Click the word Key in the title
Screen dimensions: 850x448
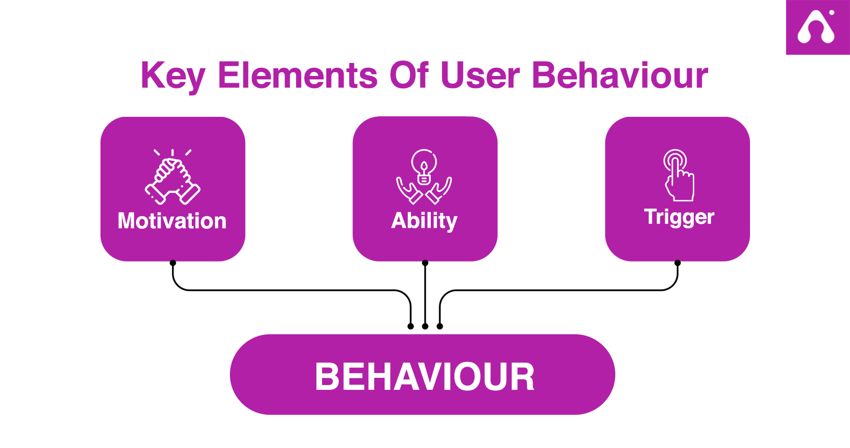pyautogui.click(x=173, y=76)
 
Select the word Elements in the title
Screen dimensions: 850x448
pyautogui.click(x=298, y=75)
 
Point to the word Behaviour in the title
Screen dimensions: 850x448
pyautogui.click(x=620, y=75)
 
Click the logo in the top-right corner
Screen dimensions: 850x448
pyautogui.click(x=818, y=27)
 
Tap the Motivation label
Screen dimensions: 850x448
pyautogui.click(x=172, y=221)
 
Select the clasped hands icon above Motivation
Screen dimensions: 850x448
pyautogui.click(x=173, y=176)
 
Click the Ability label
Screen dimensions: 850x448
pyautogui.click(x=425, y=221)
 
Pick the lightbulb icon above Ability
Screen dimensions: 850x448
pyautogui.click(x=424, y=176)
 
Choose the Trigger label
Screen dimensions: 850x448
pyautogui.click(x=679, y=217)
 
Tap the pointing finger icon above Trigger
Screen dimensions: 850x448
pyautogui.click(x=678, y=175)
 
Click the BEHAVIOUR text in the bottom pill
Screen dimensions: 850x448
pyautogui.click(x=425, y=376)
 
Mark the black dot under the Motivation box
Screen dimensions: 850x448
pyautogui.click(x=173, y=263)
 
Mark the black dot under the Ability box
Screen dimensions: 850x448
pyautogui.click(x=425, y=263)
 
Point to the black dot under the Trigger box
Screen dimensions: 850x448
pyautogui.click(x=677, y=263)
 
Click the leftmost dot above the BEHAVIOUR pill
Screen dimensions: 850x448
pyautogui.click(x=411, y=326)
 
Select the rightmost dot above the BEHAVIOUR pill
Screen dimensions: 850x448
pyautogui.click(x=440, y=326)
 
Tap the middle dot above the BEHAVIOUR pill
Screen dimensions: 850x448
pyautogui.click(x=425, y=326)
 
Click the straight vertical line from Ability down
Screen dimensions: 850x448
pyautogui.click(x=425, y=295)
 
